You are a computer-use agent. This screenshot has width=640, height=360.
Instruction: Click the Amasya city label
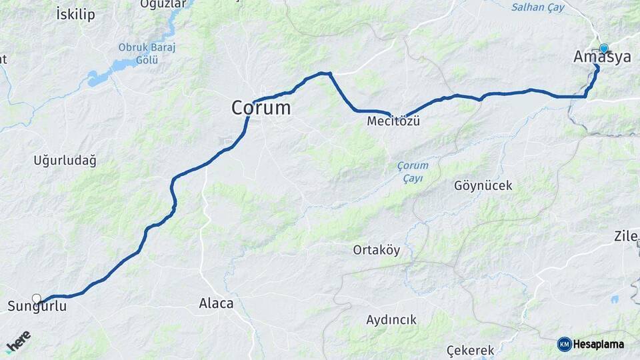coord(602,57)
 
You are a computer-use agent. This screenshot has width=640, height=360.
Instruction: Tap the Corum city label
coord(261,107)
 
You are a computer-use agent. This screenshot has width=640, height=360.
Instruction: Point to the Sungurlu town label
coord(37,307)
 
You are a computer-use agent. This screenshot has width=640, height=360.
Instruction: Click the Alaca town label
coord(216,303)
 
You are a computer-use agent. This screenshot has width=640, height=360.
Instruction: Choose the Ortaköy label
coord(377,250)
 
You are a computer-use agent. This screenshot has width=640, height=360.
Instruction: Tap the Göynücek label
coord(483,185)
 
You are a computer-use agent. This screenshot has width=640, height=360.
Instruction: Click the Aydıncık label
coord(391,320)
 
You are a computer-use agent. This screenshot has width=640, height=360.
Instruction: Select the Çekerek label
coord(471,350)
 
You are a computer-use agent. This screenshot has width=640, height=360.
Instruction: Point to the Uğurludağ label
coord(65,160)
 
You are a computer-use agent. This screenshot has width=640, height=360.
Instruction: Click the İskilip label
coord(75,14)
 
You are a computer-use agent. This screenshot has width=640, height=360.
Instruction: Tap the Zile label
coord(627,236)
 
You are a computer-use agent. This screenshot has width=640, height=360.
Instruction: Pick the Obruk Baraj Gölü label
coord(138,53)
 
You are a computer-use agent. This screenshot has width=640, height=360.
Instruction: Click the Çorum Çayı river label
coord(413,171)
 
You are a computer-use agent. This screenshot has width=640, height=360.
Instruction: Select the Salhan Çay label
coord(537,7)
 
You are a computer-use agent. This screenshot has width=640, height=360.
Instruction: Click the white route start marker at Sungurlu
coord(37,299)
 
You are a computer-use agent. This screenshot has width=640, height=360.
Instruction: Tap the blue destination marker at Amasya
coord(604,48)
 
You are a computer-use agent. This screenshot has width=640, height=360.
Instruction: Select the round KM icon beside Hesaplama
coord(565,344)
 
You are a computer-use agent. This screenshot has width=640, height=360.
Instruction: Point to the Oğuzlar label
coord(163,4)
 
